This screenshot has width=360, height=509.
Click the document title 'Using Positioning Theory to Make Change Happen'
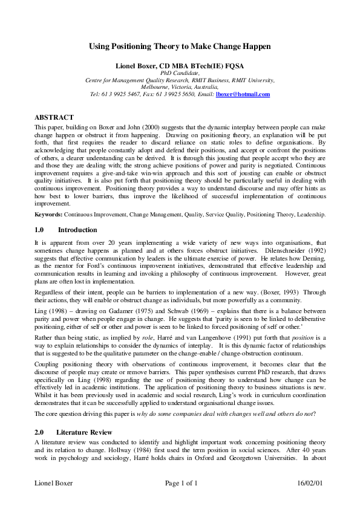(180, 46)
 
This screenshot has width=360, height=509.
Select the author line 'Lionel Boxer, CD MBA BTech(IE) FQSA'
(180, 65)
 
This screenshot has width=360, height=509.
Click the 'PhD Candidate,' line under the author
(180, 73)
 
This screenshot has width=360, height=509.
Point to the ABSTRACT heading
(54, 117)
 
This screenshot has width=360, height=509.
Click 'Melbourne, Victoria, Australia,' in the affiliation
(180, 87)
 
